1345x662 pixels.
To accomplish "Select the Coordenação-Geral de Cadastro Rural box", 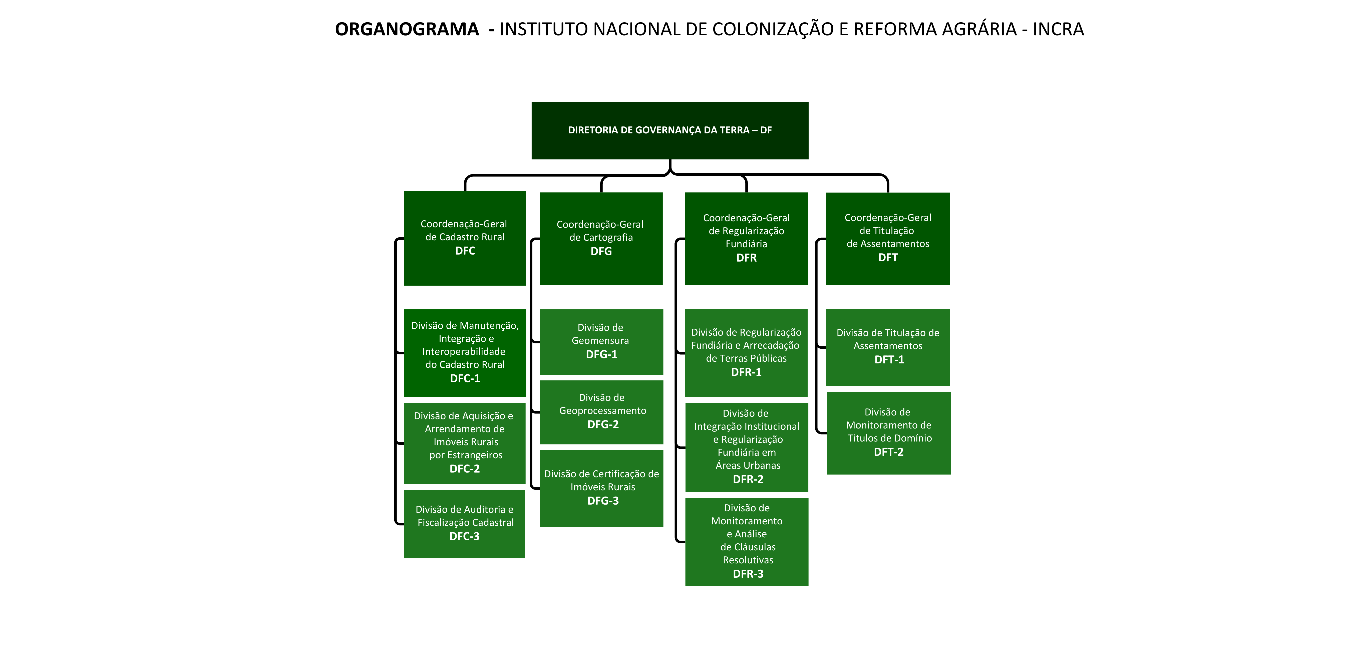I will click(465, 238).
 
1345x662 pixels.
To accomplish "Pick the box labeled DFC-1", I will click(465, 353).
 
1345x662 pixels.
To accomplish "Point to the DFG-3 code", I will click(602, 501).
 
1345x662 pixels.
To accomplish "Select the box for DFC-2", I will click(465, 443).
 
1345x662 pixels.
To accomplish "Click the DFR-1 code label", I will click(746, 372).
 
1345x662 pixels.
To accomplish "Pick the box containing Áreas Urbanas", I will click(747, 447).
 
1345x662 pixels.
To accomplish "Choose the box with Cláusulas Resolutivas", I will click(747, 542).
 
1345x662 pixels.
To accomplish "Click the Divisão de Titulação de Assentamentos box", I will click(888, 347).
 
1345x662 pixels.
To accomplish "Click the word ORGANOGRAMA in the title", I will click(407, 29).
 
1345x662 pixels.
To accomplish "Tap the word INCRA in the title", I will click(1058, 29).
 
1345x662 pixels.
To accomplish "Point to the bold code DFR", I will click(746, 258).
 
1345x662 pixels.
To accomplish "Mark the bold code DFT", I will click(888, 258).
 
